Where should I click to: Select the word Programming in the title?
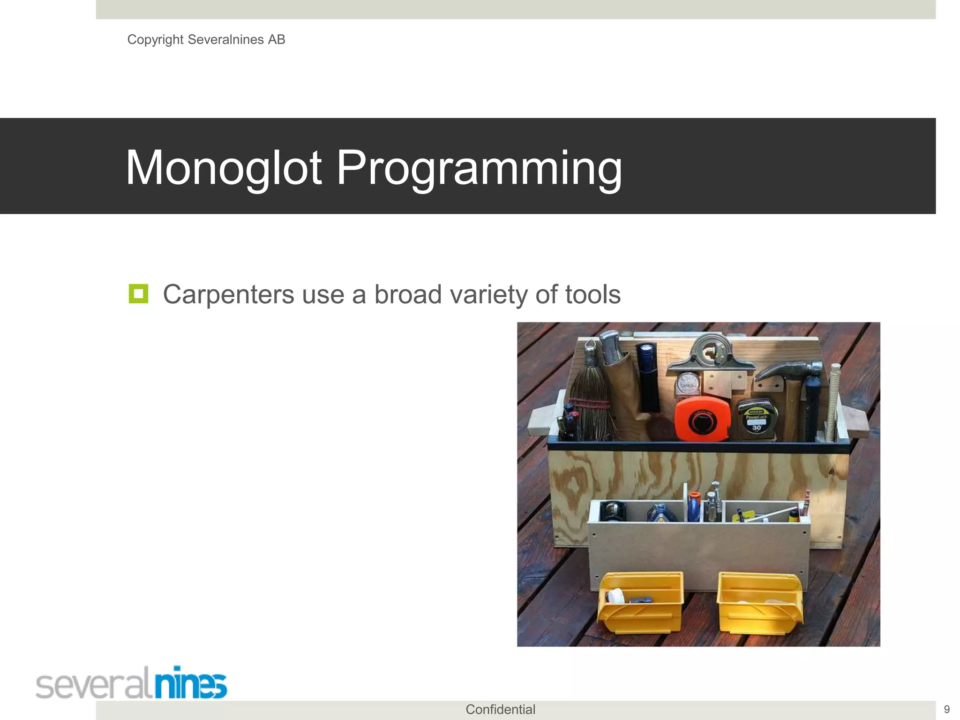pyautogui.click(x=479, y=168)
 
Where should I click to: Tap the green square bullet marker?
pyautogui.click(x=138, y=294)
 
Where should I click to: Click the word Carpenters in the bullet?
pyautogui.click(x=228, y=294)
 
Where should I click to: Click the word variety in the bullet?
pyautogui.click(x=489, y=294)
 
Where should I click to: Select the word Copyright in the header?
pyautogui.click(x=155, y=39)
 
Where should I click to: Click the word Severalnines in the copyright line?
pyautogui.click(x=225, y=39)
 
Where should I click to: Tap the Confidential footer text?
pyautogui.click(x=500, y=710)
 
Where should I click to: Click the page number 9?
pyautogui.click(x=946, y=710)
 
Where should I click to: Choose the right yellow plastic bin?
pyautogui.click(x=759, y=603)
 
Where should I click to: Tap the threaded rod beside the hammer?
pyautogui.click(x=834, y=403)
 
